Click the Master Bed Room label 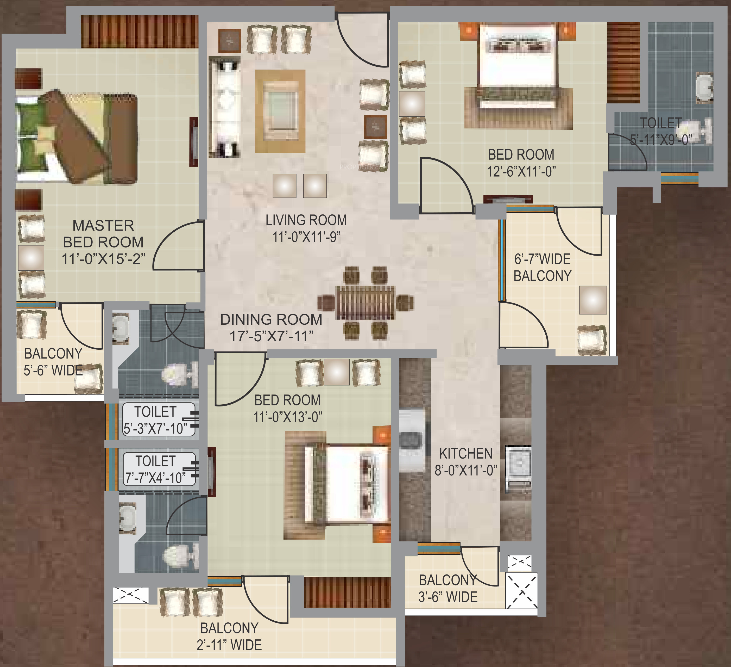pos(103,234)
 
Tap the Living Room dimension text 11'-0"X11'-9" pos(306,237)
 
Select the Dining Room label pos(271,319)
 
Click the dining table pos(365,303)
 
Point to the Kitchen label pos(466,453)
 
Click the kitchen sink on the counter pos(412,441)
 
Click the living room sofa pos(224,109)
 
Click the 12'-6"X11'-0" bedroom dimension pos(521,171)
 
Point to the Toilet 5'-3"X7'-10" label pos(156,420)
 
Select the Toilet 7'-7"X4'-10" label pos(156,469)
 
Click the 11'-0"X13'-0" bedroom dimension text pos(288,417)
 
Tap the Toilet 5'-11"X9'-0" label pos(661,131)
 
